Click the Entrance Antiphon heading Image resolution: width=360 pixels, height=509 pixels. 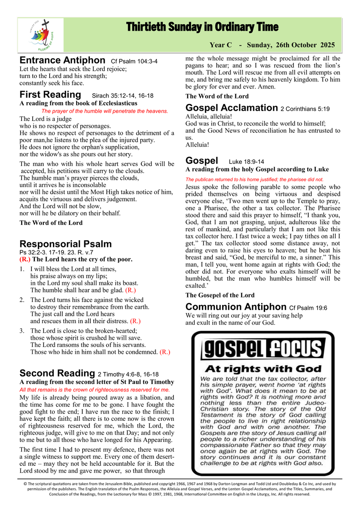62,60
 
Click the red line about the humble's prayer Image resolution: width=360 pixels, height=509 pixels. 105,111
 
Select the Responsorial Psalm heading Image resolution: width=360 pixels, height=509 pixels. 66,244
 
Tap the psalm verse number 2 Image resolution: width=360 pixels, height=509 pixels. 22,300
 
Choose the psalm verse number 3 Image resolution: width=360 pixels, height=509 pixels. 22,331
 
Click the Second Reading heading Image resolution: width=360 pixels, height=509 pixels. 57,373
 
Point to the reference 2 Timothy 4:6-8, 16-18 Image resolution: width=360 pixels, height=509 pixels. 128,375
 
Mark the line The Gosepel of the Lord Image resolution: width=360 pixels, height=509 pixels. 220,295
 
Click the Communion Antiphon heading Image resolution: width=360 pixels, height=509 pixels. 236,307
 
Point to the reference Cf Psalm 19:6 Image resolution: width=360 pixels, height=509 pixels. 309,308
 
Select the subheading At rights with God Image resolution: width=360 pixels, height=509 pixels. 263,369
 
